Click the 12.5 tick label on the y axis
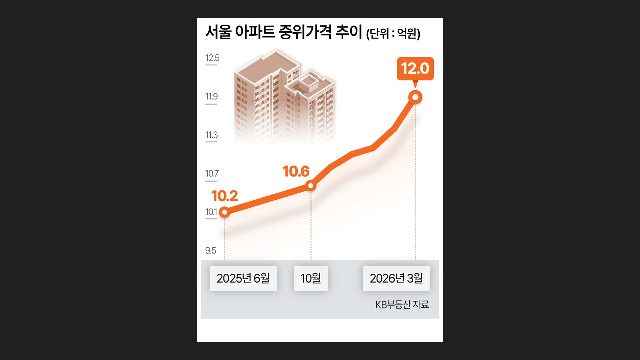click(x=212, y=58)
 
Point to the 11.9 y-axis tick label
click(x=211, y=97)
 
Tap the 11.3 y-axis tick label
click(x=211, y=135)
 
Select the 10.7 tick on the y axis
click(x=212, y=174)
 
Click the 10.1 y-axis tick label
click(x=211, y=212)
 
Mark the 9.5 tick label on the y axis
click(x=211, y=250)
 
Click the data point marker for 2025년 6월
click(x=225, y=212)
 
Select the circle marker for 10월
click(x=311, y=186)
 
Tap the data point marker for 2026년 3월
click(x=415, y=97)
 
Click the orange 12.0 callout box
click(x=415, y=69)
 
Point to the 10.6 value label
click(x=296, y=171)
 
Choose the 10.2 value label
click(x=224, y=196)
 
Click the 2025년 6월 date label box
click(x=243, y=278)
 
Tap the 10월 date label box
click(x=311, y=278)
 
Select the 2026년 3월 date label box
click(x=396, y=278)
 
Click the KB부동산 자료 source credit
click(x=402, y=305)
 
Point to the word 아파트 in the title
click(x=255, y=32)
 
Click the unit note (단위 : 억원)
click(x=393, y=33)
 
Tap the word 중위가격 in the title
click(x=305, y=32)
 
